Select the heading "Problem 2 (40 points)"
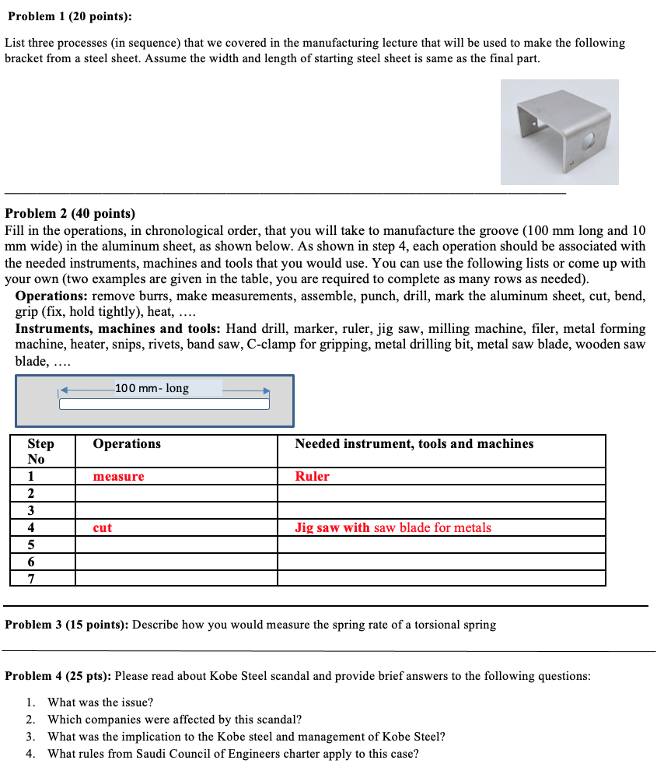coord(70,213)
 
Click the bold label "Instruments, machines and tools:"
coord(118,329)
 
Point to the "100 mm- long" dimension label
coord(152,387)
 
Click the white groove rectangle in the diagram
coord(164,404)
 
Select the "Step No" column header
coord(41,451)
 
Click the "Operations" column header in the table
coord(127,443)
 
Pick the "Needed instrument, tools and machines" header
coord(414,443)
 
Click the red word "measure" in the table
coord(118,476)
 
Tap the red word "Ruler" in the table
coord(312,476)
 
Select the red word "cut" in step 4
coord(102,527)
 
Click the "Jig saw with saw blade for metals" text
coord(393,527)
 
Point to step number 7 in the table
coord(31,578)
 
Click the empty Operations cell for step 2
coord(176,493)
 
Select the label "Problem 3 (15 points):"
coord(67,625)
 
